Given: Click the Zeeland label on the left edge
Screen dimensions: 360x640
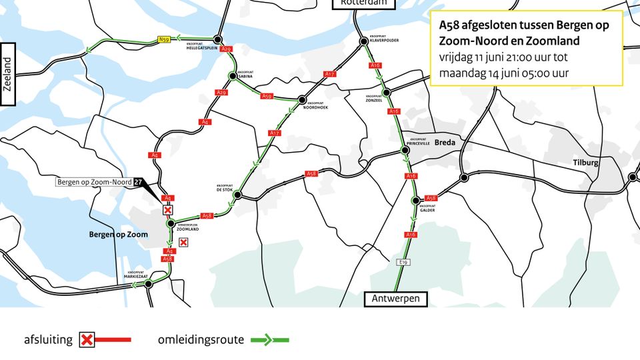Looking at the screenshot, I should click(x=8, y=74).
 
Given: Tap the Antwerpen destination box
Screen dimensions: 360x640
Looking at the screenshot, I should click(x=396, y=299).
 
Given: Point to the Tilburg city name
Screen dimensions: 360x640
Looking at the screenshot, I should click(x=585, y=162).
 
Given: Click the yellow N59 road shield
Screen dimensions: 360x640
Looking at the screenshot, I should click(x=164, y=40).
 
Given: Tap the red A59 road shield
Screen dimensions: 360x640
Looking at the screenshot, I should click(x=267, y=96).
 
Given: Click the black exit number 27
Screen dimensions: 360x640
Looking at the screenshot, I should click(x=137, y=181).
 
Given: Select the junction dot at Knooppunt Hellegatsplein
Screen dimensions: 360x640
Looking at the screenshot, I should click(x=217, y=40).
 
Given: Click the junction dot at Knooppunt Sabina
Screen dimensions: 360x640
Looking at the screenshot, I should click(x=232, y=75).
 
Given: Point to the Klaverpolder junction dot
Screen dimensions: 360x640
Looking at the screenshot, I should click(x=364, y=41).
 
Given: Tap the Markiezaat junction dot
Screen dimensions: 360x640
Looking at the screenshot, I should click(x=149, y=283).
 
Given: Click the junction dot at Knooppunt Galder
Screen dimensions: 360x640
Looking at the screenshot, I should click(x=415, y=200).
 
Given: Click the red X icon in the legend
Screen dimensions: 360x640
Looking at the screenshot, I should click(x=86, y=340).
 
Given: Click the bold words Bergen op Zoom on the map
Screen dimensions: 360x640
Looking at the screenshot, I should click(x=118, y=235).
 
